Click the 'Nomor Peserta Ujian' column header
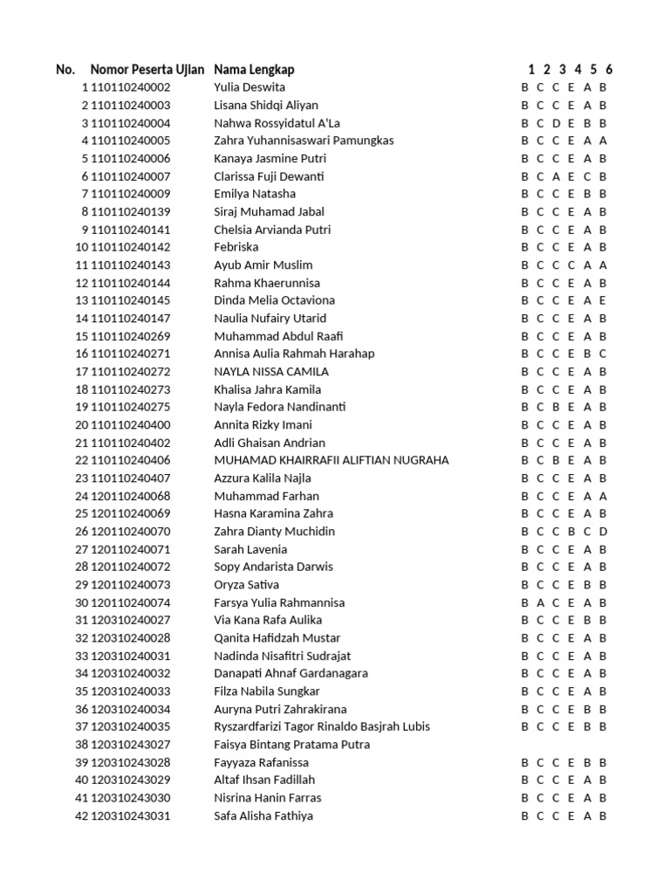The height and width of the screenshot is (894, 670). point(147,70)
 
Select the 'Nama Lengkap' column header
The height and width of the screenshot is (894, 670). point(260,70)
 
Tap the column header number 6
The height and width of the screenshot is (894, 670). point(609,70)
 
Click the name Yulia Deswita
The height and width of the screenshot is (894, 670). point(250,87)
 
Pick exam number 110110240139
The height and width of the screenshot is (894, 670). point(131,211)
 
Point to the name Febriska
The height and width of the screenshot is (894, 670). point(236,247)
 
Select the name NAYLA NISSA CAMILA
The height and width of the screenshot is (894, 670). point(271,371)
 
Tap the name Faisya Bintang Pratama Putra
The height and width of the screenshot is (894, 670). point(292,745)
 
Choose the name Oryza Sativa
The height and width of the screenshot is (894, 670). point(247,584)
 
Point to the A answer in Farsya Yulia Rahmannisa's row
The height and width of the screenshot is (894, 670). point(541,602)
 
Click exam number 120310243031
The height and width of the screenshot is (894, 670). point(131,815)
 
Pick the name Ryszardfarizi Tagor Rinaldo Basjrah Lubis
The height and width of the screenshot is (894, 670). point(322,726)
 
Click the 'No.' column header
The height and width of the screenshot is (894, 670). point(65,70)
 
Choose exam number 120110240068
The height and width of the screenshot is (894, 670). point(131,496)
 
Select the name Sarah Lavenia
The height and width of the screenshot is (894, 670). point(250,549)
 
